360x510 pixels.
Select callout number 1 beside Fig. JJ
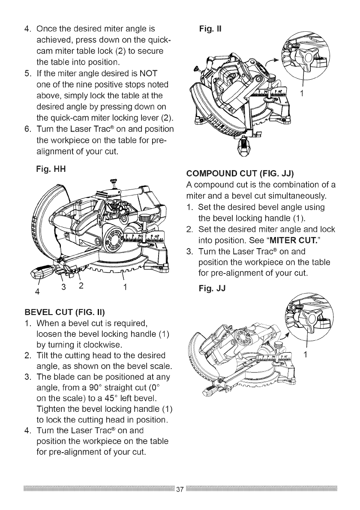(305, 354)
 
